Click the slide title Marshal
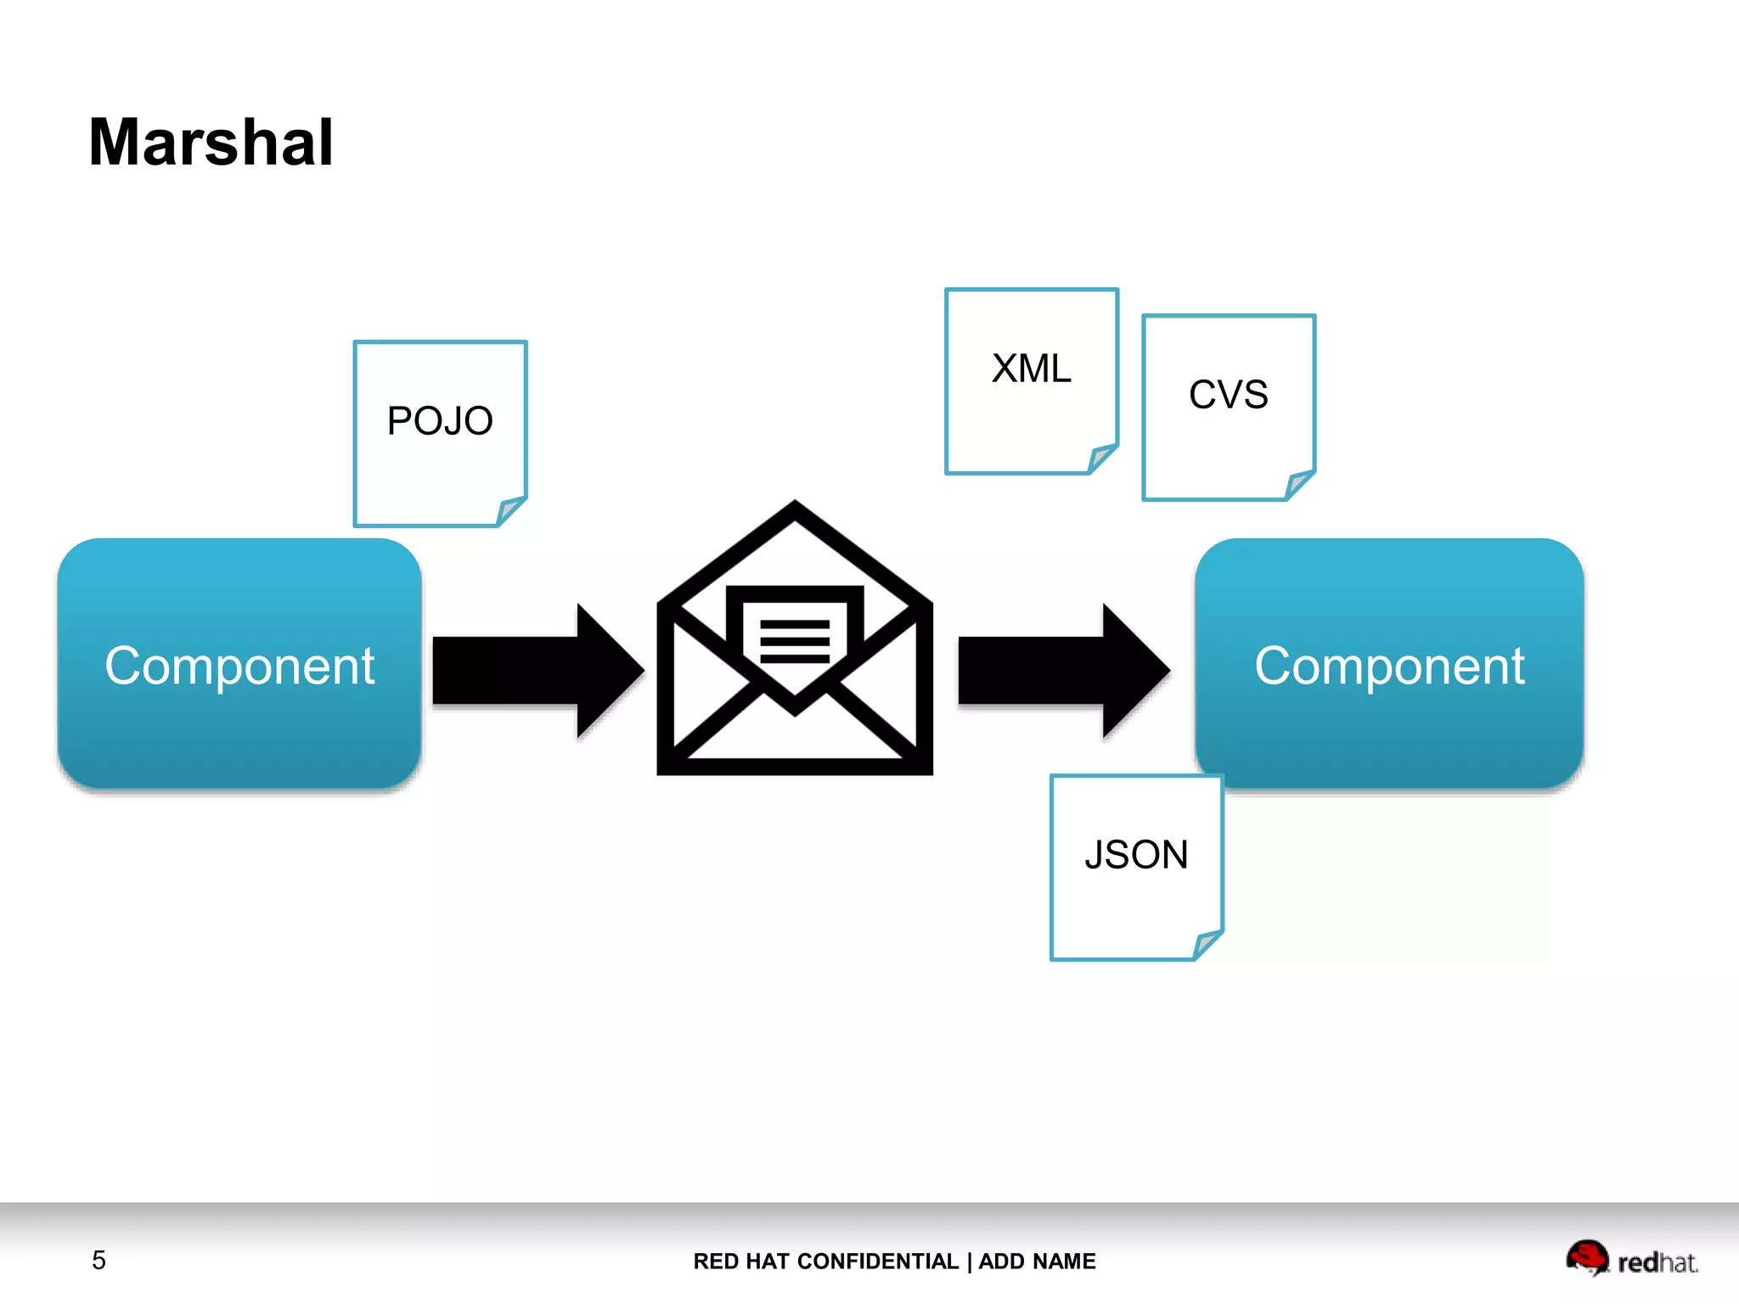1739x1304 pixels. [x=211, y=143]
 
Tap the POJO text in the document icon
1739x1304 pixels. [x=440, y=421]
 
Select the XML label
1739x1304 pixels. [x=1031, y=369]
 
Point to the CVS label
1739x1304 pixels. [x=1228, y=395]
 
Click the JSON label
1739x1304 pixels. [x=1136, y=855]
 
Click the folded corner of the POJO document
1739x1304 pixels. [x=511, y=511]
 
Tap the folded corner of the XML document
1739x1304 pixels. [x=1102, y=458]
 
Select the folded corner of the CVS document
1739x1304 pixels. [x=1299, y=485]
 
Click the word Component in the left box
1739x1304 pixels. [x=239, y=666]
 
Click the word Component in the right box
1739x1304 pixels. [x=1389, y=666]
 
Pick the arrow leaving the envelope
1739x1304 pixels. [x=1062, y=671]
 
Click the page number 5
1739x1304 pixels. [x=98, y=1261]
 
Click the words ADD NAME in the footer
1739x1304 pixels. [x=1037, y=1262]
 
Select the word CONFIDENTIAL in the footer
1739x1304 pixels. [x=878, y=1262]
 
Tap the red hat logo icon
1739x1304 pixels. [x=1586, y=1257]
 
